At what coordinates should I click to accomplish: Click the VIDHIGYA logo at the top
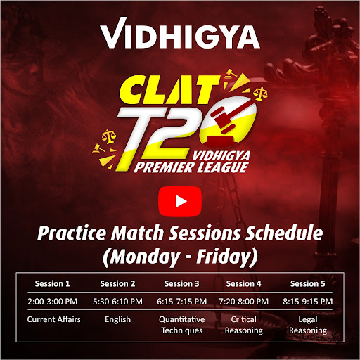point(180,34)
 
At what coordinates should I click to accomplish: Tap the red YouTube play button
point(180,201)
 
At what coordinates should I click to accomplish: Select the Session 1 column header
point(52,284)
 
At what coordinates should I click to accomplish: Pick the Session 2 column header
point(117,284)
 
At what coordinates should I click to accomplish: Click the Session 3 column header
point(181,284)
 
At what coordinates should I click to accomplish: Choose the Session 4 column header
point(244,284)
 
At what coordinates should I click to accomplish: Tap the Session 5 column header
point(308,284)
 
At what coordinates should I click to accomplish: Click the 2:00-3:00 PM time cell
point(53,302)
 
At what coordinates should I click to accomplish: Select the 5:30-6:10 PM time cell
point(117,302)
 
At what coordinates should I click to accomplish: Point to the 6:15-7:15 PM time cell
point(182,302)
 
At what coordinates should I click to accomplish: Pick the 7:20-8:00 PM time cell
point(244,302)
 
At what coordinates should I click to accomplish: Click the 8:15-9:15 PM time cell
point(308,302)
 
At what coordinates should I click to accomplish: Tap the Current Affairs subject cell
point(54,319)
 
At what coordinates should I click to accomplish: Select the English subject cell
point(117,319)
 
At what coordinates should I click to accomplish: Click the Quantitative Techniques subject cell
point(182,325)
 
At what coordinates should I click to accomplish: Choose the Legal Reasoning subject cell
point(308,325)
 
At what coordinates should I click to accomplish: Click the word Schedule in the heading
point(284,233)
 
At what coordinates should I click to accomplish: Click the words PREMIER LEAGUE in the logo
point(191,167)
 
